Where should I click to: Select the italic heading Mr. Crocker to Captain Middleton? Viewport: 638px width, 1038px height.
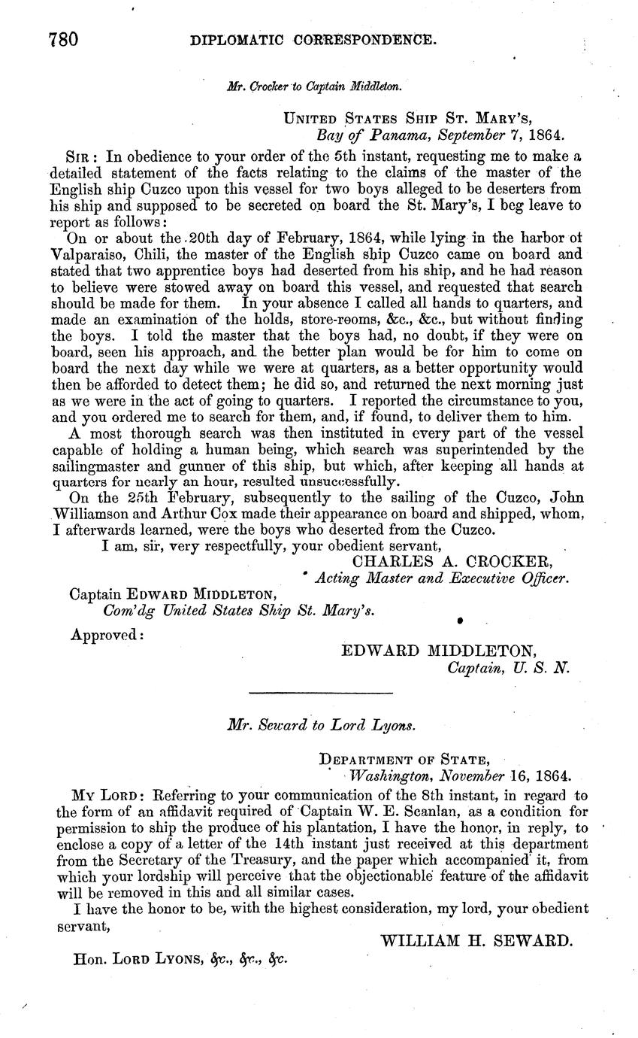point(314,86)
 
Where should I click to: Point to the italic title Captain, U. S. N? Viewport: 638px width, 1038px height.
point(509,667)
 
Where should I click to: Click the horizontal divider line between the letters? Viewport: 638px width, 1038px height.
point(320,692)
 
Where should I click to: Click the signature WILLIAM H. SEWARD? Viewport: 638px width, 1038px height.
point(477,941)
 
